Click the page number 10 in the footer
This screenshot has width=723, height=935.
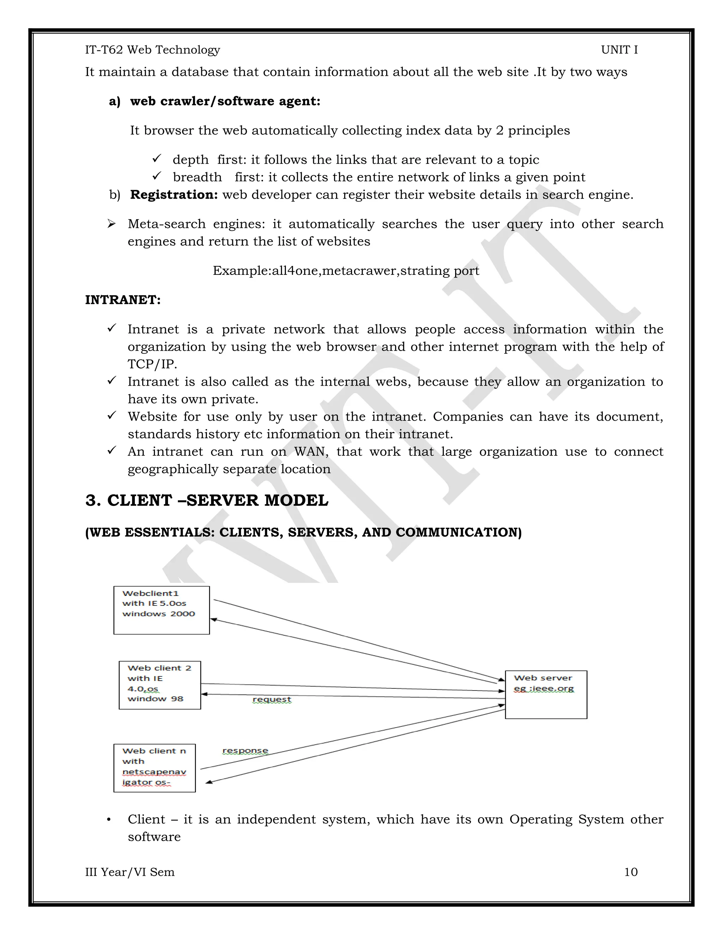[631, 872]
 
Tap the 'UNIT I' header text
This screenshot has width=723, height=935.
[619, 50]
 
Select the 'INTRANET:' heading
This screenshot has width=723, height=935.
[123, 300]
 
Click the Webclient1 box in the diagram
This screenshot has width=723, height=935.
[161, 610]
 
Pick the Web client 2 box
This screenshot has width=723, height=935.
[160, 685]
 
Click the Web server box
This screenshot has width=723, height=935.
[546, 694]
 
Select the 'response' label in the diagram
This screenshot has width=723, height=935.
[245, 750]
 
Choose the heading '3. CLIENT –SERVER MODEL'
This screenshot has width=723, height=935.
[207, 500]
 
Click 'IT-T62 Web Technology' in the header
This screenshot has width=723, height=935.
[153, 50]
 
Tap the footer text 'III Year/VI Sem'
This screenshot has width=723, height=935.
[130, 872]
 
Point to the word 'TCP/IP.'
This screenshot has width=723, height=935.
[152, 364]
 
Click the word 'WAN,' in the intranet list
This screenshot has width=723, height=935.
[311, 452]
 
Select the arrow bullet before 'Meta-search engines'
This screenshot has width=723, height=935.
[111, 224]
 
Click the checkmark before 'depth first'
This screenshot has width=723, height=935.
[156, 159]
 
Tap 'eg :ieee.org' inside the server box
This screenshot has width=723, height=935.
[544, 688]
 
